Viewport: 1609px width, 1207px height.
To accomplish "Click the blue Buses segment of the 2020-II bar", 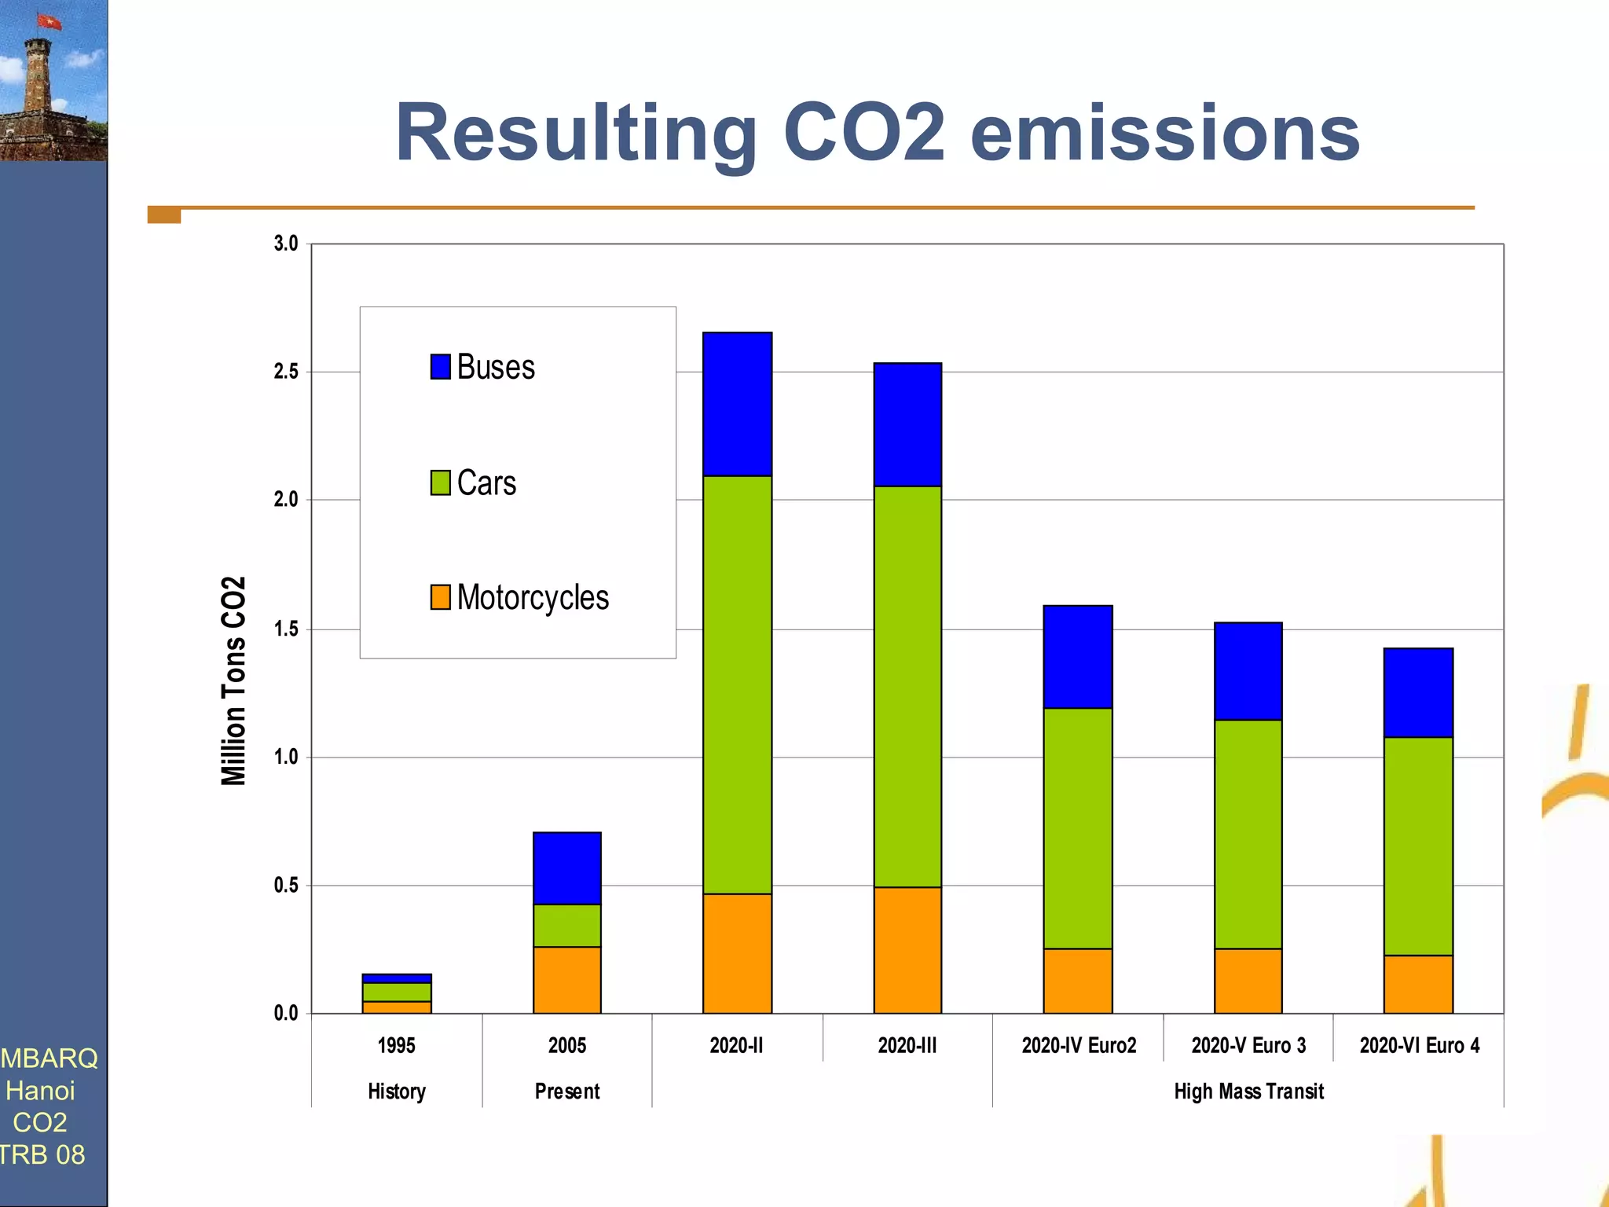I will click(737, 404).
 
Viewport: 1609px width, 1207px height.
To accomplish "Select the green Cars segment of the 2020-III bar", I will click(907, 686).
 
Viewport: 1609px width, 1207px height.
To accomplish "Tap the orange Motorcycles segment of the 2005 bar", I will click(566, 979).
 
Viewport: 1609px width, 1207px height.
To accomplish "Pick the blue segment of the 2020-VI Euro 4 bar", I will click(1418, 692).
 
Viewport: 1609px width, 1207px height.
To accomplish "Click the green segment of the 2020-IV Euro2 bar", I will click(1078, 827).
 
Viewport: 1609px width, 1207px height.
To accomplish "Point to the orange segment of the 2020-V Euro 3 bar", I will click(1248, 980).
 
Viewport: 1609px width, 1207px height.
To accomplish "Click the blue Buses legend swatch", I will click(440, 366).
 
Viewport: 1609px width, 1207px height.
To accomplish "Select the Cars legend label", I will click(486, 482).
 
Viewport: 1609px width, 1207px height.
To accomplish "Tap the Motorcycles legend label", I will click(533, 597).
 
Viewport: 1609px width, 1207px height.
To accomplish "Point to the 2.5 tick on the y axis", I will click(286, 372).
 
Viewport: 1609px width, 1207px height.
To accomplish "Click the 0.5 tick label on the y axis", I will click(286, 886).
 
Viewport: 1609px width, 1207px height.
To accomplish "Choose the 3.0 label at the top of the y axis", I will click(286, 244).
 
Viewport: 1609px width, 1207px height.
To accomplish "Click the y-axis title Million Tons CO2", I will click(233, 681).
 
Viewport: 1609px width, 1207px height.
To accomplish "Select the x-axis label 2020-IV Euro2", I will click(1079, 1045).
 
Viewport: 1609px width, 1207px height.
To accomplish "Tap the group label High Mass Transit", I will click(1248, 1091).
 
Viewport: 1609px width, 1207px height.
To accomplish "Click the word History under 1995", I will click(397, 1091).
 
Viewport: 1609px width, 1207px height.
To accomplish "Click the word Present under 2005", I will click(566, 1091).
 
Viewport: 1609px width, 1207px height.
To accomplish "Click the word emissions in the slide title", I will click(1164, 134).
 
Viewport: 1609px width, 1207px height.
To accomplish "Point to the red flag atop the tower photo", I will click(49, 21).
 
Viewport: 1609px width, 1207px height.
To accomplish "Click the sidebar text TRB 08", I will click(42, 1154).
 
